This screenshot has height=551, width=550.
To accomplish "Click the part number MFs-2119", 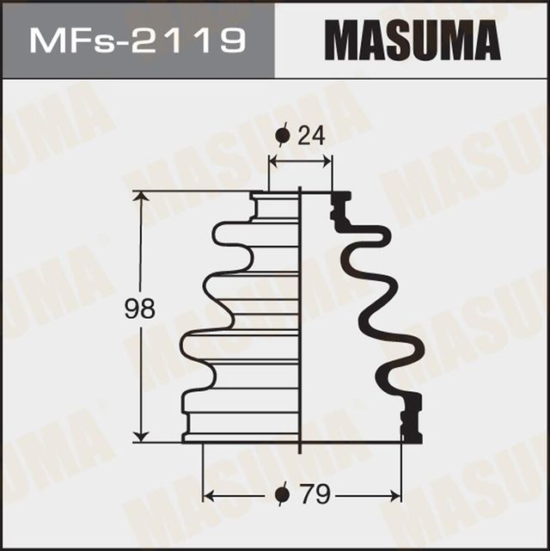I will pyautogui.click(x=137, y=40).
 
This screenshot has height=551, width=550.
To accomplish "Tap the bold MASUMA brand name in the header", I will pyautogui.click(x=412, y=40).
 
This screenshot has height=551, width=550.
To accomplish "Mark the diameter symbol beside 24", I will pyautogui.click(x=283, y=135).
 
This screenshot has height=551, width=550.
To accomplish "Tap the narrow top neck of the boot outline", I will pyautogui.click(x=274, y=207).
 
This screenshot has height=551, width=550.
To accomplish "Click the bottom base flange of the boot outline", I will pyautogui.click(x=241, y=437).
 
